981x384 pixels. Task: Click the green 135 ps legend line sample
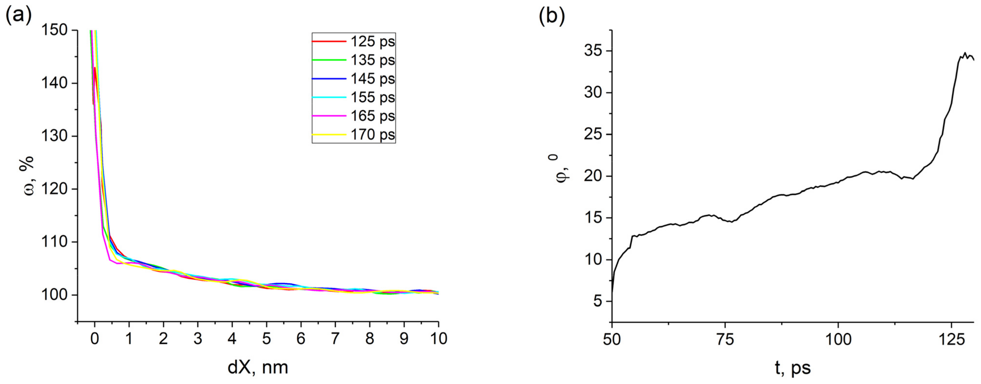coord(329,60)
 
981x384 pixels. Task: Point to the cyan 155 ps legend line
coord(329,97)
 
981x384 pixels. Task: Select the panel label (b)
coord(551,16)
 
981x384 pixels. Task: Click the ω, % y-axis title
coord(28,175)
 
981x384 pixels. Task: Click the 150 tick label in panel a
coord(54,30)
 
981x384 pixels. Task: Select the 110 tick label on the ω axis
coord(54,242)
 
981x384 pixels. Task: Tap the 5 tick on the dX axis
coord(266,338)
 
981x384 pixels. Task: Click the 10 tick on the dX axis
coord(438,338)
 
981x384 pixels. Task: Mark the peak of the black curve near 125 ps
coord(965,53)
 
